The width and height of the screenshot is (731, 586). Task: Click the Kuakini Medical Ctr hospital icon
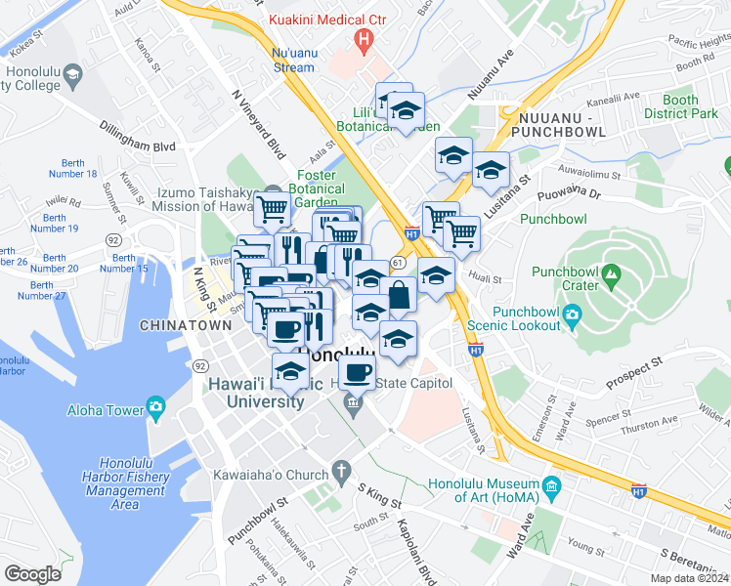click(365, 41)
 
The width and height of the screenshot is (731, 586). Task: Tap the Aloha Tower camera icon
click(155, 408)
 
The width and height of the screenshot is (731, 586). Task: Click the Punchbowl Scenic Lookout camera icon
click(572, 315)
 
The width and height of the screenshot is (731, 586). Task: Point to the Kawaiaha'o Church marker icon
click(341, 474)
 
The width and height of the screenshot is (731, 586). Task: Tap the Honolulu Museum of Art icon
click(550, 485)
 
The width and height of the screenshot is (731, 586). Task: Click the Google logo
click(32, 573)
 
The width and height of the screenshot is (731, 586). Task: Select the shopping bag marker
click(399, 294)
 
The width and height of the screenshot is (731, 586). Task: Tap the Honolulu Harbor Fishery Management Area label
click(125, 483)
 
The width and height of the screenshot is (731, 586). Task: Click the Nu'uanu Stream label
click(293, 60)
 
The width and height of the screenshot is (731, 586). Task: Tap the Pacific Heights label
click(697, 44)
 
